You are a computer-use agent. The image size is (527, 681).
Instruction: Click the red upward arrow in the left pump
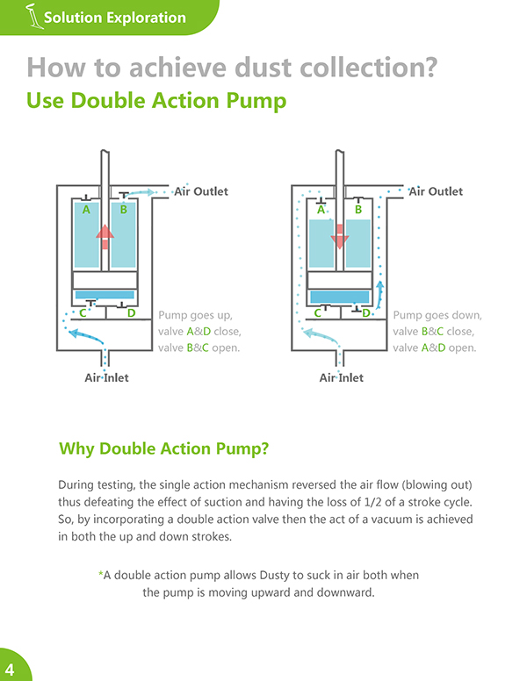click(x=105, y=237)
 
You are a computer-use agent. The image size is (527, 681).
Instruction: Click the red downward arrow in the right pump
click(x=340, y=237)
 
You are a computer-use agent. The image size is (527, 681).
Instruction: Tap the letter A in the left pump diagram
click(x=86, y=210)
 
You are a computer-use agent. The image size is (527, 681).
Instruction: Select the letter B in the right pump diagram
click(x=358, y=210)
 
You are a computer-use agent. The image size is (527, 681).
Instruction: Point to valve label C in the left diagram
click(x=83, y=313)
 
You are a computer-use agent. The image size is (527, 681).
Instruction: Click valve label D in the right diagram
click(x=366, y=313)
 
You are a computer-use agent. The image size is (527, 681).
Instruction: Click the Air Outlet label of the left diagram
click(x=201, y=191)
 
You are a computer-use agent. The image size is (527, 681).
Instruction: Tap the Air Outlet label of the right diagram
click(x=436, y=191)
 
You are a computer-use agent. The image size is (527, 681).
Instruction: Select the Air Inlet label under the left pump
click(x=106, y=378)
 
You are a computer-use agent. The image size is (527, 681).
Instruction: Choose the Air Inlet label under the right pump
click(x=342, y=378)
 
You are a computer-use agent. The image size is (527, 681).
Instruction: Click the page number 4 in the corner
click(x=10, y=670)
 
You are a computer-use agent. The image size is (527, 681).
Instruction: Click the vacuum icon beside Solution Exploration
click(x=34, y=17)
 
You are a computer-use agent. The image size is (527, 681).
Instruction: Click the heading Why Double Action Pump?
click(x=164, y=448)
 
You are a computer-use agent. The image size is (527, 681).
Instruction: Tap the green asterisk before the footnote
click(x=100, y=574)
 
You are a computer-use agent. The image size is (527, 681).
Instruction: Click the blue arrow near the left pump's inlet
click(x=86, y=335)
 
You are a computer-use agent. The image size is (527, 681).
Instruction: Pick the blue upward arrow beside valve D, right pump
click(x=379, y=294)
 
